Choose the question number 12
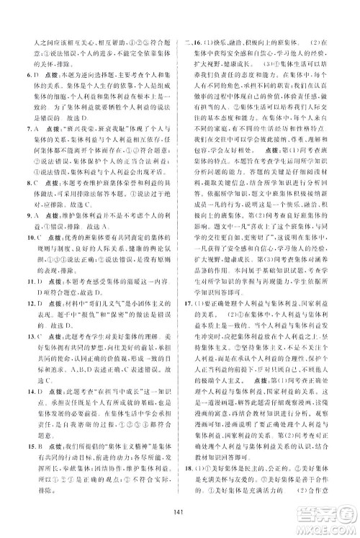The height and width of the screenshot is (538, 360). coord(27,364)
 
